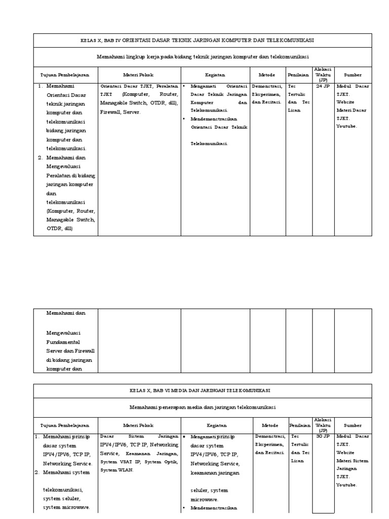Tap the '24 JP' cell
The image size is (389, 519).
(323, 87)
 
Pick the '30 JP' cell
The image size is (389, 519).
(323, 436)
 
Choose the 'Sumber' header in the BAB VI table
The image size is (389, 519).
(353, 425)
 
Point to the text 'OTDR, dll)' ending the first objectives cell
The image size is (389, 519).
(60, 229)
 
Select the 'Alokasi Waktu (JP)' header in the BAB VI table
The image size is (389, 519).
(323, 425)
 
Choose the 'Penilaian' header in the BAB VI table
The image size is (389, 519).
(299, 425)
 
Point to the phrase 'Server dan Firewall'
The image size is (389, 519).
(70, 351)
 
